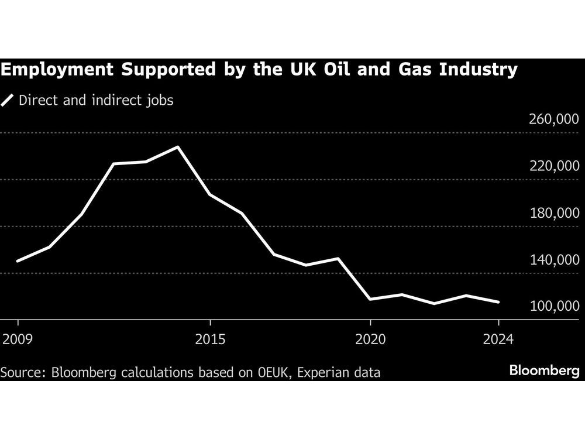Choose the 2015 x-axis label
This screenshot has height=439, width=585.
(x=210, y=339)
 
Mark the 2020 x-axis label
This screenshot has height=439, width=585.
(x=370, y=339)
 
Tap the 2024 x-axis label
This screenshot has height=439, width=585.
(x=498, y=339)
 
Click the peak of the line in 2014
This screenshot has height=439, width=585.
(x=178, y=147)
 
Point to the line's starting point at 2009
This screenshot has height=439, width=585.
(x=18, y=261)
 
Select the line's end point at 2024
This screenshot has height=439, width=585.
(x=498, y=302)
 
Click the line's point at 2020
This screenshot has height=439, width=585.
(x=370, y=299)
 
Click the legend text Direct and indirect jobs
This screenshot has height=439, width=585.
(x=96, y=100)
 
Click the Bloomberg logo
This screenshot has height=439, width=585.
(x=544, y=371)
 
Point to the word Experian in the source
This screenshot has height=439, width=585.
(x=322, y=372)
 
